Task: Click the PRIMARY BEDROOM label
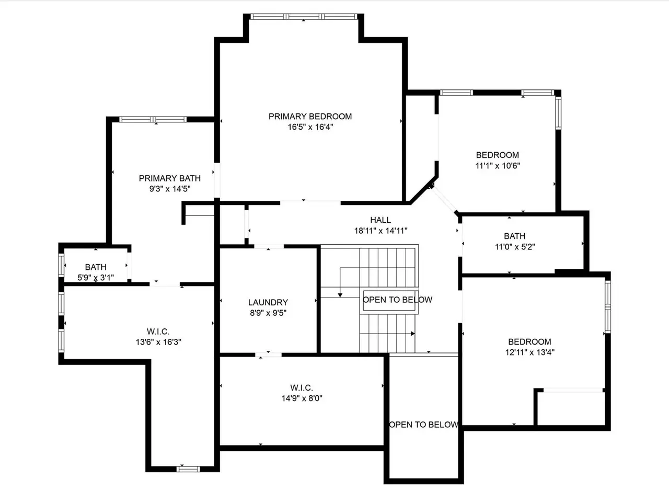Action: coord(310,117)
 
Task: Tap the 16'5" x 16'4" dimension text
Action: coord(310,127)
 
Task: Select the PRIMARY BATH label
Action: coord(170,178)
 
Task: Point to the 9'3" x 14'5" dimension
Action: coord(170,189)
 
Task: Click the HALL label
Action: coord(380,220)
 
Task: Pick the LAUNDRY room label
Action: coord(268,302)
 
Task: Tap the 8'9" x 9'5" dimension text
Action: coord(268,313)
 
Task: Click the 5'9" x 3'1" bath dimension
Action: coord(96,278)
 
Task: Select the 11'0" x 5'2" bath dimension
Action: coord(515,247)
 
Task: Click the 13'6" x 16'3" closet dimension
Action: coord(158,342)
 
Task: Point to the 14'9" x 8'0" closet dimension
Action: coord(302,398)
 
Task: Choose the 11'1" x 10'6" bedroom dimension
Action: coord(498,166)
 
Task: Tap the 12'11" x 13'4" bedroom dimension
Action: coord(530,352)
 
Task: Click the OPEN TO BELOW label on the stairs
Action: coord(397,300)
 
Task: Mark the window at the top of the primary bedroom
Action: coord(304,16)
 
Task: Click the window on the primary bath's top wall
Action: coord(153,119)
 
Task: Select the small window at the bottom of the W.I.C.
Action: coord(188,469)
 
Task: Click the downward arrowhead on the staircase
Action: coord(340,295)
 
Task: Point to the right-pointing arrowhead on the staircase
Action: coord(413,334)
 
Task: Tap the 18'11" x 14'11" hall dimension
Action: coord(380,231)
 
